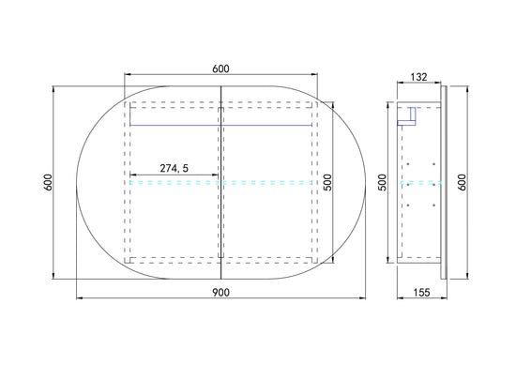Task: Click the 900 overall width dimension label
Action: pyautogui.click(x=220, y=292)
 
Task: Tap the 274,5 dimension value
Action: pyautogui.click(x=175, y=169)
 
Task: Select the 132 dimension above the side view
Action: pyautogui.click(x=419, y=77)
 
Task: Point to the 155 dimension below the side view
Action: pyautogui.click(x=421, y=292)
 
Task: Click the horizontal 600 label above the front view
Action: pyautogui.click(x=220, y=68)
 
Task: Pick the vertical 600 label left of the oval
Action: pyautogui.click(x=48, y=182)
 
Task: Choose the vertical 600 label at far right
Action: pyautogui.click(x=463, y=182)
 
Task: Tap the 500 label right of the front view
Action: pyautogui.click(x=328, y=182)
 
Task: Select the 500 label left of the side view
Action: pyautogui.click(x=383, y=182)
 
